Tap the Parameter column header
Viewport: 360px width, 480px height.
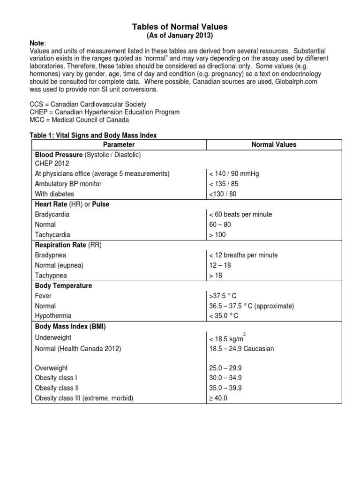(x=119, y=144)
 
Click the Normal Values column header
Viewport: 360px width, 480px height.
(x=274, y=144)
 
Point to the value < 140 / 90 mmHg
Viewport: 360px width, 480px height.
(x=234, y=173)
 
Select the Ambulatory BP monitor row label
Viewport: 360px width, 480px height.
(x=68, y=184)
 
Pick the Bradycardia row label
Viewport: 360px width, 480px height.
(x=52, y=214)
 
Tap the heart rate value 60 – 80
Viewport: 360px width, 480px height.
(x=220, y=225)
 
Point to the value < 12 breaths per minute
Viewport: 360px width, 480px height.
(x=243, y=255)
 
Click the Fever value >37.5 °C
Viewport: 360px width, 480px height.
(x=224, y=296)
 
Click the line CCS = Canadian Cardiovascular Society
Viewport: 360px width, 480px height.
(x=88, y=104)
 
